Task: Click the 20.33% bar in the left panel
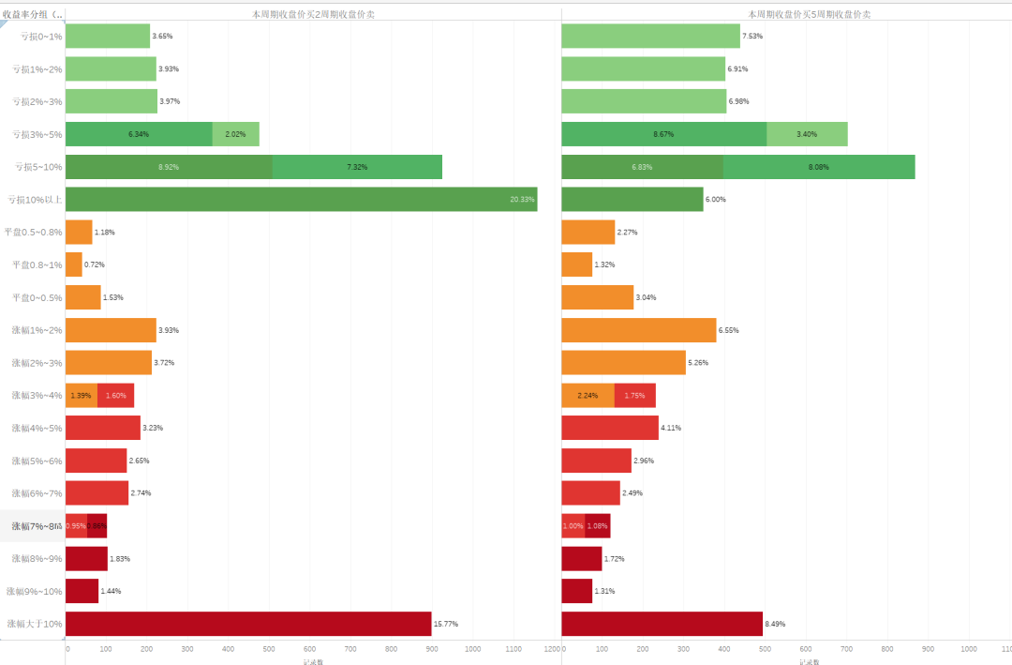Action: (x=301, y=199)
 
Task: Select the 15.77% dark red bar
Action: (x=248, y=624)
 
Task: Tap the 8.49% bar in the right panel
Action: (x=662, y=624)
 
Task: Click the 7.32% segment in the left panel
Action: (x=357, y=167)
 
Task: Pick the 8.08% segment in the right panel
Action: (x=819, y=167)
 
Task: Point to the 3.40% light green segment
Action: (x=807, y=134)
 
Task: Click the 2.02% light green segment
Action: (x=236, y=134)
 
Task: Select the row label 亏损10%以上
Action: (x=35, y=200)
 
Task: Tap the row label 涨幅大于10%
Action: (x=35, y=624)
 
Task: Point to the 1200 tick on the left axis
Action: (x=553, y=648)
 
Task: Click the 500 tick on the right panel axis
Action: (x=765, y=648)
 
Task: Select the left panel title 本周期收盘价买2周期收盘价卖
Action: (x=313, y=14)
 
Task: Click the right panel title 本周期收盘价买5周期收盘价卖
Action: (x=810, y=14)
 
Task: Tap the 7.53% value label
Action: (x=752, y=37)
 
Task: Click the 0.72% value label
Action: (x=95, y=264)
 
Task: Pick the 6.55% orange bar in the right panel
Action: (x=638, y=330)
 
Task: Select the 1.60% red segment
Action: (x=115, y=396)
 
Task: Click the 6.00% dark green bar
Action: (x=632, y=199)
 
